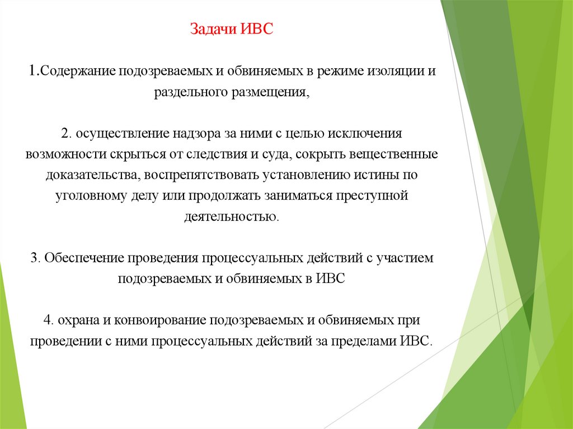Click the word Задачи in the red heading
[213, 29]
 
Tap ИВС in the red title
[257, 29]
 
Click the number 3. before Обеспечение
[36, 258]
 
